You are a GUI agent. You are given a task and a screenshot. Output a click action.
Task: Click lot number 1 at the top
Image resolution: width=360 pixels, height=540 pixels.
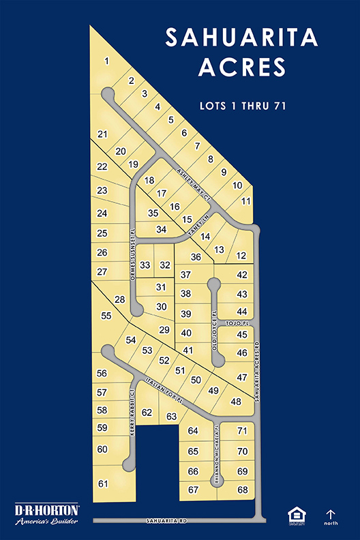pyautogui.click(x=106, y=61)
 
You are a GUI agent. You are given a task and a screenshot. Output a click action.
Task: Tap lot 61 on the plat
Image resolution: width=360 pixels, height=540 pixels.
pyautogui.click(x=104, y=483)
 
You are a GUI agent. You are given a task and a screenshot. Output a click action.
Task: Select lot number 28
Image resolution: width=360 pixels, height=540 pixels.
pyautogui.click(x=120, y=300)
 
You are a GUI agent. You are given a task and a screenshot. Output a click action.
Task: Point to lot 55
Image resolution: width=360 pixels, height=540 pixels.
pyautogui.click(x=106, y=316)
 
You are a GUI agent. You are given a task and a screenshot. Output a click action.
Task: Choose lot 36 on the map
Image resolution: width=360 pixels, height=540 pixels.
pyautogui.click(x=196, y=257)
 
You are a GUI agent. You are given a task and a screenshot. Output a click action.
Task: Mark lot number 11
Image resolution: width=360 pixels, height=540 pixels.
pyautogui.click(x=246, y=200)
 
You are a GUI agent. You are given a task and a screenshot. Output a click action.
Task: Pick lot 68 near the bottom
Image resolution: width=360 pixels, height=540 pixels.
pyautogui.click(x=242, y=490)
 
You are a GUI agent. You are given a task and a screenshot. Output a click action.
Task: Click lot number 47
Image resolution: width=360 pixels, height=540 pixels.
pyautogui.click(x=241, y=377)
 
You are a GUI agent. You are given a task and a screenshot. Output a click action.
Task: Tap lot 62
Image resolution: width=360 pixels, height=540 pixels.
pyautogui.click(x=147, y=412)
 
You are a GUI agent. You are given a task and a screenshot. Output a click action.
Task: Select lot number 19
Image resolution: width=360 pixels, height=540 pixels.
pyautogui.click(x=133, y=164)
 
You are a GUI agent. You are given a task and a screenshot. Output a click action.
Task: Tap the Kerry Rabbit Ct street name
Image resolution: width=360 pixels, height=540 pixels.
pyautogui.click(x=133, y=413)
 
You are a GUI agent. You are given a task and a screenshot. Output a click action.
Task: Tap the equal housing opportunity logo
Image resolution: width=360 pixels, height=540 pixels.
pyautogui.click(x=296, y=515)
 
